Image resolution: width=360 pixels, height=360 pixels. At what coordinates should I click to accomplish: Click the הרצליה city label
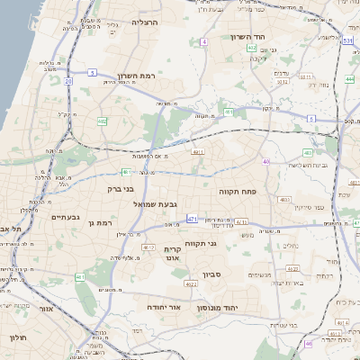(144, 22)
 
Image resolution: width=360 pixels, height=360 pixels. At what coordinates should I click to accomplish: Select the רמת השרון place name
(136, 76)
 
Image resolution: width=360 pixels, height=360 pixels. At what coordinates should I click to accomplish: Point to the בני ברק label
(119, 190)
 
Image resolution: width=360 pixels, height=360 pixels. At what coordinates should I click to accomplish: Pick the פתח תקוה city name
(238, 192)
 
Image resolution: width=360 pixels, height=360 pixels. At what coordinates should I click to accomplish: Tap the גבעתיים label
(66, 217)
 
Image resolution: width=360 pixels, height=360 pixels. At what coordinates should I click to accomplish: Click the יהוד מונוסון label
(239, 307)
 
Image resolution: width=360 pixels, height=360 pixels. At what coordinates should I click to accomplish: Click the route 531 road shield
(347, 40)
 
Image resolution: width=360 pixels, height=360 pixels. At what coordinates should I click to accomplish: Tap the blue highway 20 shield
(68, 81)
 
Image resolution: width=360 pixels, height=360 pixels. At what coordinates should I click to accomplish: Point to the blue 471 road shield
(192, 219)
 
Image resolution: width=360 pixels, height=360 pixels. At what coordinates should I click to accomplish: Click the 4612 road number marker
(148, 246)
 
